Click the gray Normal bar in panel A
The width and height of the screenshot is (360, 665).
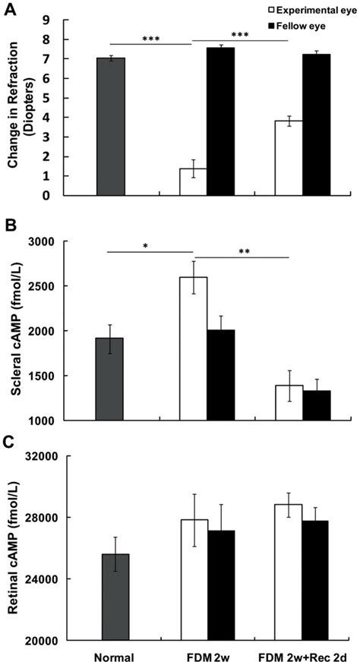pos(111,127)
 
